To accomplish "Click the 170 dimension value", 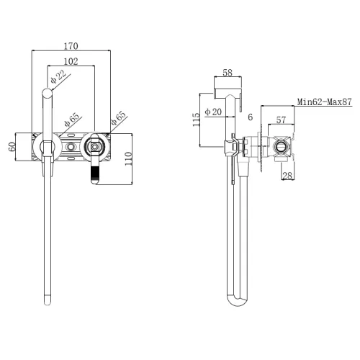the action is point(71,46).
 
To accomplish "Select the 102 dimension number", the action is point(71,61).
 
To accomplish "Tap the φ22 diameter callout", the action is point(58,76).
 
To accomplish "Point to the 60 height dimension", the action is point(12,147).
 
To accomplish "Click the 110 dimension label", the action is point(128,158).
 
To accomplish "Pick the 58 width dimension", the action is point(228,73).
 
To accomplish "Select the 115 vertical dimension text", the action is point(196,120).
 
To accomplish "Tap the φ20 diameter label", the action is point(213,112).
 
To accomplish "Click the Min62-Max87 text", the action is point(325,102).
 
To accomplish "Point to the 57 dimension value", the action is point(281,120).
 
